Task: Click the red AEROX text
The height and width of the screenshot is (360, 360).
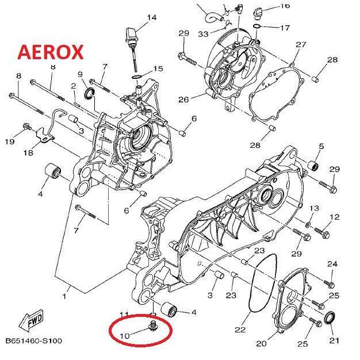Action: point(51,52)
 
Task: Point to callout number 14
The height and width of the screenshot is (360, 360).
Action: point(151,18)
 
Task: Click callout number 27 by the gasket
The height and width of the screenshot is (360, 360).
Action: point(301,45)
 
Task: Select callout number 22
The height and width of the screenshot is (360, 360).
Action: point(240,330)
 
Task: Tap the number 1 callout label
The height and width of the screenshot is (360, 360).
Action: point(64,297)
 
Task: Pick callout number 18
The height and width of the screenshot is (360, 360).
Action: point(28,153)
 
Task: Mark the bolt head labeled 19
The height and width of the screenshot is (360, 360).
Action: point(26,127)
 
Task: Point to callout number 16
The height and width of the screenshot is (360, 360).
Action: point(285,6)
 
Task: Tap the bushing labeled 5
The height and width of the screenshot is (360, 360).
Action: point(315,167)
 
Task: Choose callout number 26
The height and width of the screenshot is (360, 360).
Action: point(183,99)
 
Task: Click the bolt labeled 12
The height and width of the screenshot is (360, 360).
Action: point(321,234)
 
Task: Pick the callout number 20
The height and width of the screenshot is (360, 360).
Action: point(261,343)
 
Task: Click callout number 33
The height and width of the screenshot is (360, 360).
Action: point(203,35)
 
